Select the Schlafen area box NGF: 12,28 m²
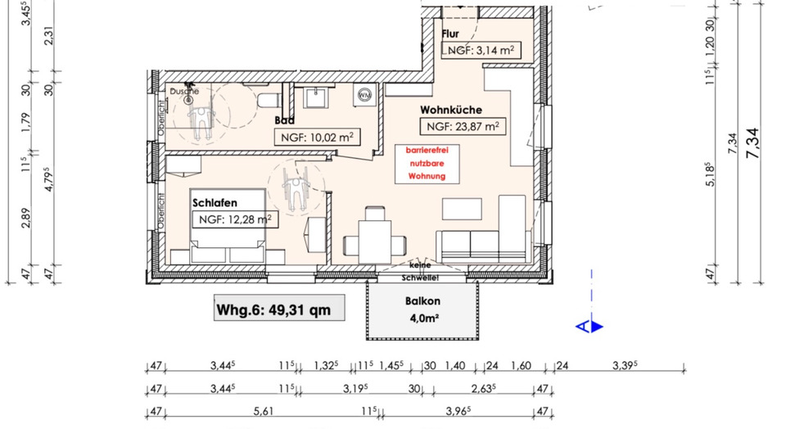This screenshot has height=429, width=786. click(x=233, y=219)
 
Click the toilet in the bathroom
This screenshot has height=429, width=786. click(x=266, y=100)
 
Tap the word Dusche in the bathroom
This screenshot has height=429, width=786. click(x=185, y=91)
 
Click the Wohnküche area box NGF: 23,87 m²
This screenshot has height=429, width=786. click(x=463, y=127)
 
